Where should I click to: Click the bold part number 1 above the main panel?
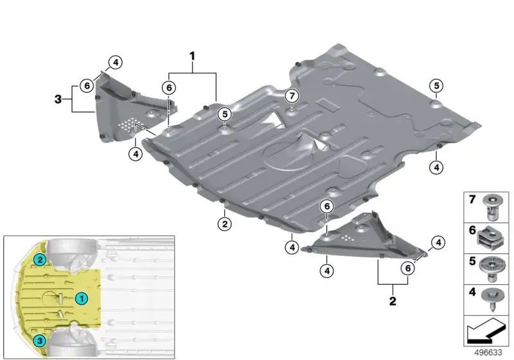coord(192,56)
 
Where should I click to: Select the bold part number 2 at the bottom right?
coord(393,301)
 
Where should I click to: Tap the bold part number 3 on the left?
coord(58,99)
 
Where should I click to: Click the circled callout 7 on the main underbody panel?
coord(292,96)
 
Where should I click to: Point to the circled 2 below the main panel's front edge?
coord(224,224)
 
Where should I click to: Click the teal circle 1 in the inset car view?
coord(82,298)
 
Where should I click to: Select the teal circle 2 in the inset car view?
coord(40,260)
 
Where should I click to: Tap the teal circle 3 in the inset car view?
coord(40,341)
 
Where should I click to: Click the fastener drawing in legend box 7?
coord(493,207)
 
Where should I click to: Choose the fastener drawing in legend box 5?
coord(491,269)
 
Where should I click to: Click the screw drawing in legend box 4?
coord(492,300)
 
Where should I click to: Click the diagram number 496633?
coord(488,352)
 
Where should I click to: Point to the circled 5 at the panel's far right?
coord(436,86)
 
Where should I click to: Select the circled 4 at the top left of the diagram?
coord(116,62)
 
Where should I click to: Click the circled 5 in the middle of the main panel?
coord(224,114)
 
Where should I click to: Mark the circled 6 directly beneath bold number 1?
coord(169,87)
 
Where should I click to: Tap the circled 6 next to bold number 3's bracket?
coord(87,85)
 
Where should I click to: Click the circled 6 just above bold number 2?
coord(408,268)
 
